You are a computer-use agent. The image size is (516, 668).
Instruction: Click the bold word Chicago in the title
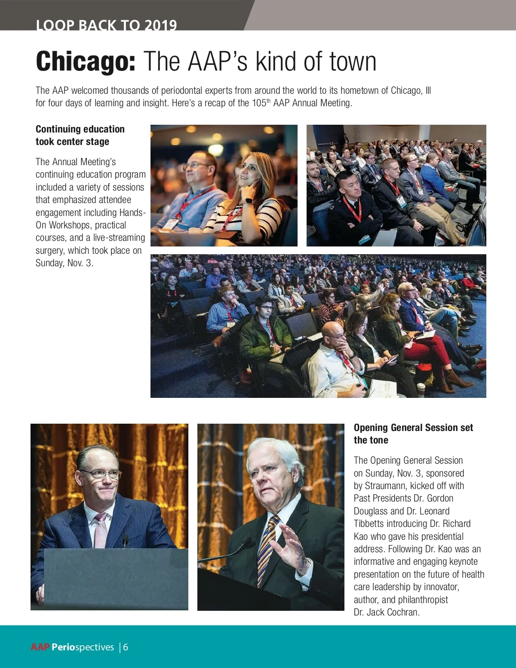(86, 62)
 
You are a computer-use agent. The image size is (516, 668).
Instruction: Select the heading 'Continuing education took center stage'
(80, 135)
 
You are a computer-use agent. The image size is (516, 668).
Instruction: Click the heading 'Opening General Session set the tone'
(413, 434)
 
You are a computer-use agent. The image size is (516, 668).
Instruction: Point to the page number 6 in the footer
(126, 647)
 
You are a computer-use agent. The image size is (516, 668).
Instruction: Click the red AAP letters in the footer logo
(40, 647)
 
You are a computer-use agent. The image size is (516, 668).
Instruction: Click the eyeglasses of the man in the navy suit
(100, 474)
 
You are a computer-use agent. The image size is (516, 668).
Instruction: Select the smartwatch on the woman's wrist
(248, 201)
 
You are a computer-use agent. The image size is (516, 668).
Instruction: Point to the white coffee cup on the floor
(421, 389)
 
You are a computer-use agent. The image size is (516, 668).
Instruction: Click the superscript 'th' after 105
(268, 101)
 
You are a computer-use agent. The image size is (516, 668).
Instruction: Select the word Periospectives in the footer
(83, 647)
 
